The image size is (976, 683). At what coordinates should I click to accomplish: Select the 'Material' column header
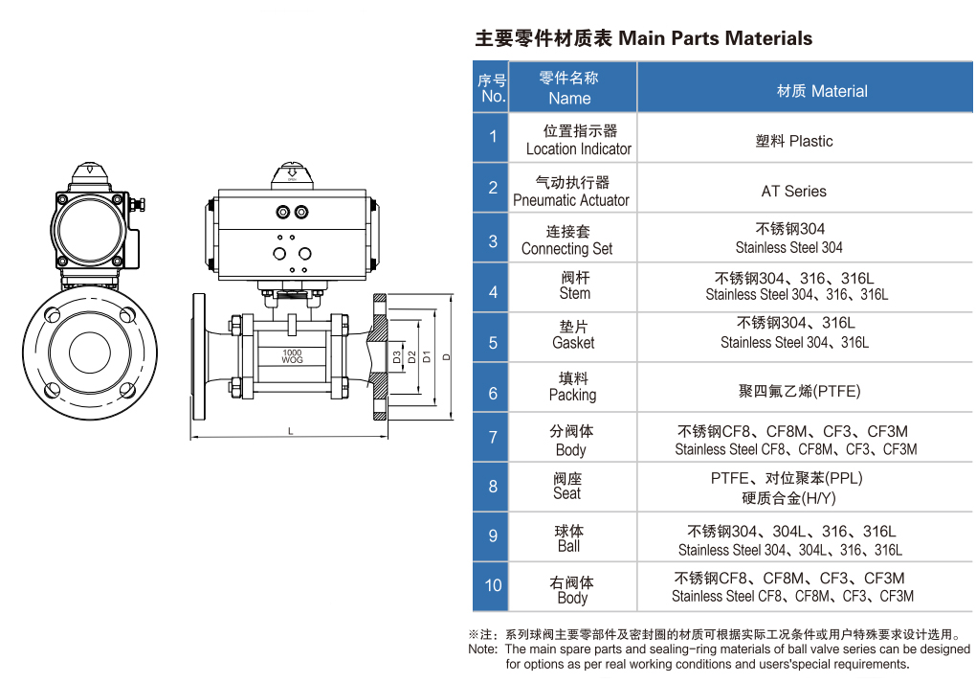822,91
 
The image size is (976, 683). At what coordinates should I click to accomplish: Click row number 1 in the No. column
493,136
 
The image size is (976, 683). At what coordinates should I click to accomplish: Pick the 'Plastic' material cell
793,141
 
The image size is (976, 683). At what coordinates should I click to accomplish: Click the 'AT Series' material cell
793,191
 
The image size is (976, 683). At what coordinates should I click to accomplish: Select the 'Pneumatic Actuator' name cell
571,191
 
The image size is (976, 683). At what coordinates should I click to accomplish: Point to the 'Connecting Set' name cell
567,239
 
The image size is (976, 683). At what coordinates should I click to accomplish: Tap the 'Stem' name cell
574,285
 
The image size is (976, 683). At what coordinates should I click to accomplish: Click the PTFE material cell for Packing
799,391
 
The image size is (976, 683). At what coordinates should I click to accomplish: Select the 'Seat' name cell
567,486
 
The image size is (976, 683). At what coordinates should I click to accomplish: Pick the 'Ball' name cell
569,538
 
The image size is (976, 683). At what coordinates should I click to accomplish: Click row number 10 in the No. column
493,585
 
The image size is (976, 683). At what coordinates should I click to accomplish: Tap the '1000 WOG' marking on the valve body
292,356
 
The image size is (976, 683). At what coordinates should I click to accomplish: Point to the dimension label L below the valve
290,431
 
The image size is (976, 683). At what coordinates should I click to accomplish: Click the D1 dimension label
427,356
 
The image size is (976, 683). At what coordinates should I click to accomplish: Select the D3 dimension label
396,357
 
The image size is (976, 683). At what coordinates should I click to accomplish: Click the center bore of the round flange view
90,353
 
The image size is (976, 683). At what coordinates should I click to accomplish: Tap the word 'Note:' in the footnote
483,649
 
